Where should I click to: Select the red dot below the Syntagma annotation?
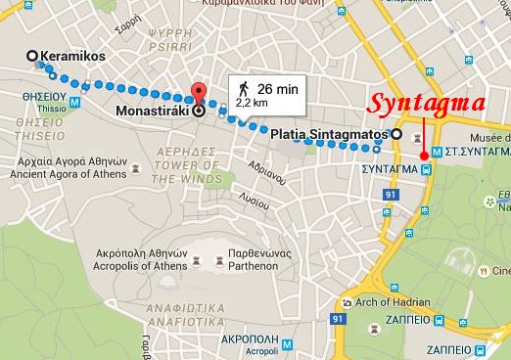click(423, 155)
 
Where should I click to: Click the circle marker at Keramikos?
click(33, 56)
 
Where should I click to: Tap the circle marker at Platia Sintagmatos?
click(395, 133)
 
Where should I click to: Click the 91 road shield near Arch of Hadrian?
click(338, 319)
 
